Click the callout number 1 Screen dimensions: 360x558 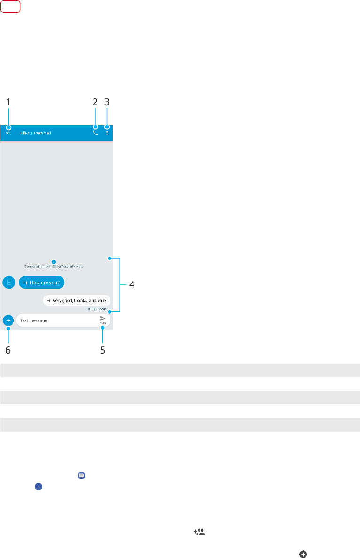[8, 102]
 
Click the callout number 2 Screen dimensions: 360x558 [95, 102]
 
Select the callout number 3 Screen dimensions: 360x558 [107, 102]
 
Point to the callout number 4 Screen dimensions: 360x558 [132, 285]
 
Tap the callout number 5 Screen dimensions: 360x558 [102, 350]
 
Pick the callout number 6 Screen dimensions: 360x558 [8, 350]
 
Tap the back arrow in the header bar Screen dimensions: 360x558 [8, 133]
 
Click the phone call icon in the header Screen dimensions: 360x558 [95, 133]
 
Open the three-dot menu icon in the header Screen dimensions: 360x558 [107, 133]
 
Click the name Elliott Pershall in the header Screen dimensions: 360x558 [36, 133]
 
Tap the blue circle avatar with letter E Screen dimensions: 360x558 [8, 282]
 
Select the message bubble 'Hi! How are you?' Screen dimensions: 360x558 [41, 282]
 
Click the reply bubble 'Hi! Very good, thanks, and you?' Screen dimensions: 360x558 [77, 300]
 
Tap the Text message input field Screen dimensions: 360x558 [54, 320]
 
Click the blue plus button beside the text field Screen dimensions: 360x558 [8, 320]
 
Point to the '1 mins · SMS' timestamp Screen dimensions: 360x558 [96, 309]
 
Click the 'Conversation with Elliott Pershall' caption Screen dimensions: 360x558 [54, 266]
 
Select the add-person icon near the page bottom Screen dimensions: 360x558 [199, 532]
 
